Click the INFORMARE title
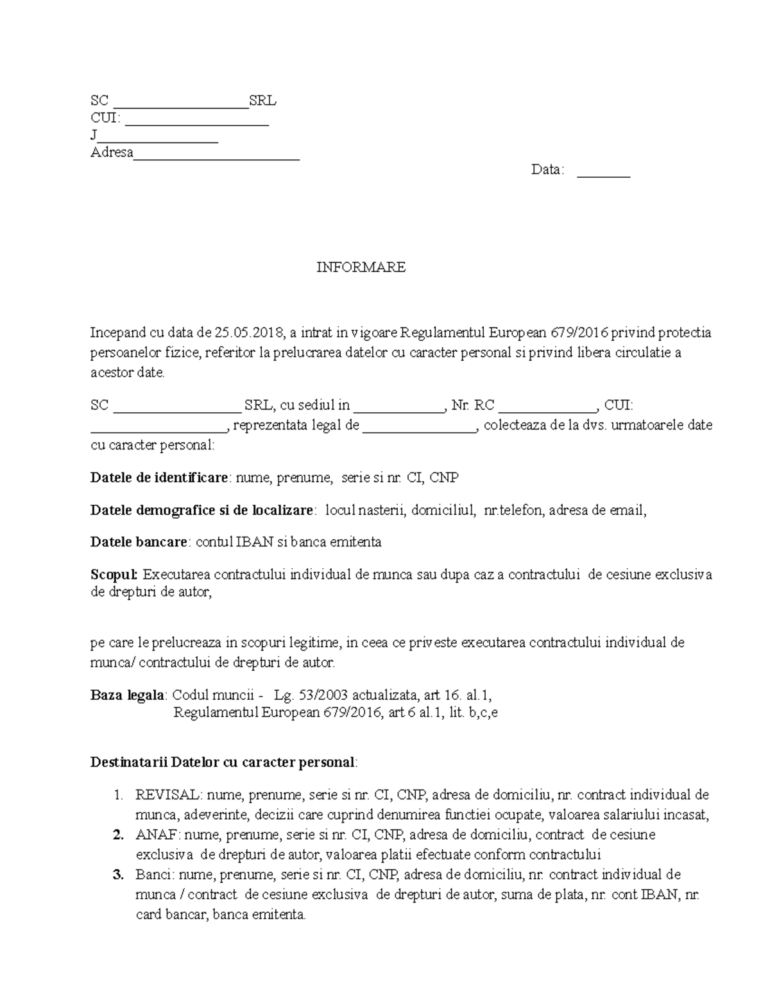[361, 268]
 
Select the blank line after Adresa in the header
[216, 155]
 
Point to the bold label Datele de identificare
[159, 478]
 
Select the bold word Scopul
[114, 575]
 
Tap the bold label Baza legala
[128, 695]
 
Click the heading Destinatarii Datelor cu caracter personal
[223, 763]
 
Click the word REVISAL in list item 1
[167, 795]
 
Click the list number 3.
[117, 875]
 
